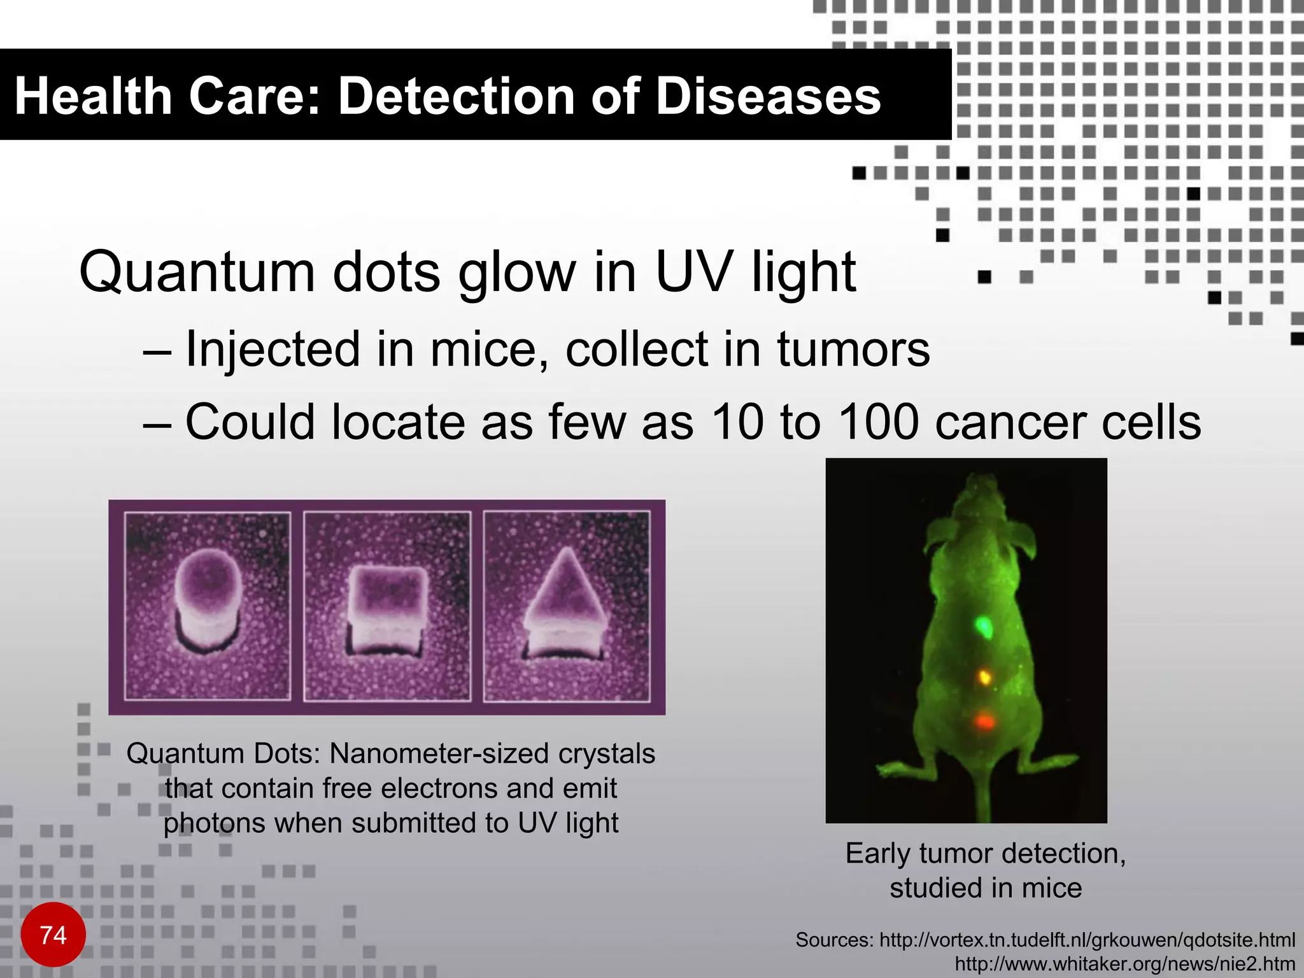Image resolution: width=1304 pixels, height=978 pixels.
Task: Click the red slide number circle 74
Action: coord(53,935)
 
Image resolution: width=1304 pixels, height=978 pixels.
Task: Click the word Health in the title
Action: coord(93,97)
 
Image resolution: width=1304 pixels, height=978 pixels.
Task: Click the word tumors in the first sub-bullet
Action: coord(853,350)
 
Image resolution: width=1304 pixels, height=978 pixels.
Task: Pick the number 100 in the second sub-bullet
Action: coord(878,422)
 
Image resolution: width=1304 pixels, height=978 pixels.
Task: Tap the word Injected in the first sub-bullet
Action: coord(273,350)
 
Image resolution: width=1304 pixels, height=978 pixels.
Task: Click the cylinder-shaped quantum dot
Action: coord(208,602)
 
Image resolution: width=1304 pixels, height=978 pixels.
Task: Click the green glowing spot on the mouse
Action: coord(984,627)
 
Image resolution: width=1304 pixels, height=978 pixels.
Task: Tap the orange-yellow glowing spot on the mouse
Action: coord(984,676)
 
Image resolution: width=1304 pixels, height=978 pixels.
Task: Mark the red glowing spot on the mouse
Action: coord(984,721)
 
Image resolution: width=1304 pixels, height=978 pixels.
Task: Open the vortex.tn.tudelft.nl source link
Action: coord(1087,940)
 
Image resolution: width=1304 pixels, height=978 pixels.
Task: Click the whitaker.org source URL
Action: coord(1124,964)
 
